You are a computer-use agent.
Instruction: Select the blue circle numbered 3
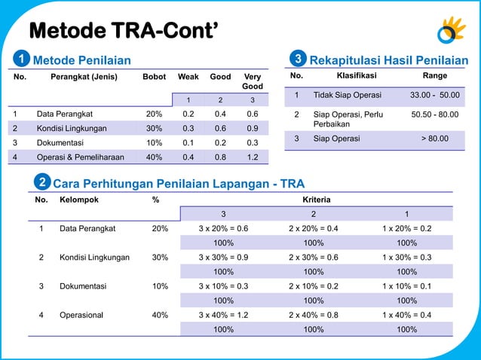[299, 59]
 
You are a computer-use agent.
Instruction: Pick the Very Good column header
[253, 81]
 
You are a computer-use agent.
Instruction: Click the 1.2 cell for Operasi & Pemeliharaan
[253, 157]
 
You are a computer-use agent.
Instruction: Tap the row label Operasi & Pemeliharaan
[75, 157]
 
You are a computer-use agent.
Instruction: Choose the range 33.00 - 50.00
[434, 95]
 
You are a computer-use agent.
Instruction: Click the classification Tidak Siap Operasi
[348, 95]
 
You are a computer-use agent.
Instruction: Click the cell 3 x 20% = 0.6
[223, 228]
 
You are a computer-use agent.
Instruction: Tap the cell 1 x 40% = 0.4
[406, 315]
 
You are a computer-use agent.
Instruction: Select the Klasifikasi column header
[357, 76]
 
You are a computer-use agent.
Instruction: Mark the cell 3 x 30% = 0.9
[223, 257]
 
